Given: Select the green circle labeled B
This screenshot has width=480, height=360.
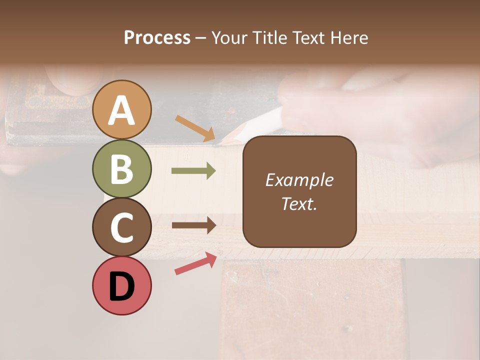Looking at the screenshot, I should coord(121,168).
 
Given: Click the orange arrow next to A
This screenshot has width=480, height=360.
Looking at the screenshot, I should coord(195,128).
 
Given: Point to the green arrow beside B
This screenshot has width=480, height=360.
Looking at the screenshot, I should coord(193,171).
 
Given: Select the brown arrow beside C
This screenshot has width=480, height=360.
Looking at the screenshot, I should coord(193,225).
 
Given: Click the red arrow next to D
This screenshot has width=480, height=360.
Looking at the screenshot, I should coord(195,264).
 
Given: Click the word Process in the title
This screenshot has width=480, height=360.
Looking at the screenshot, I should coord(157,38).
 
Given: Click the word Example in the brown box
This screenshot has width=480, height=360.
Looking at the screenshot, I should coord(299,180).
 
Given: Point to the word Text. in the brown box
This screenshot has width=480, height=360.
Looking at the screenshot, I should coord(299,203).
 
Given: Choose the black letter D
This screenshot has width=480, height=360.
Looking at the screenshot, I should coord(121,286).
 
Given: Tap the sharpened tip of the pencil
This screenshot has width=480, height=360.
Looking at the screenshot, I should coord(219,143).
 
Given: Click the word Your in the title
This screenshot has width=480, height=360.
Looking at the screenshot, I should coord(230,38).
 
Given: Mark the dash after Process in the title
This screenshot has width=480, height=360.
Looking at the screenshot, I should coord(201,38).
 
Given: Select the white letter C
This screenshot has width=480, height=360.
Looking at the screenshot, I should coord(121,228).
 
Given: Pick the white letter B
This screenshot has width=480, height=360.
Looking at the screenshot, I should coord(121,169).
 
